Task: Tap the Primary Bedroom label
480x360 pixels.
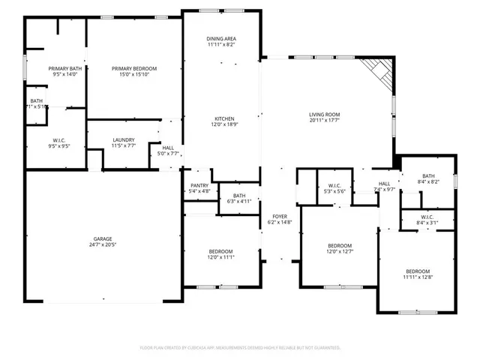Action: click(134, 69)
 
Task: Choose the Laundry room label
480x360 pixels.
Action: click(123, 139)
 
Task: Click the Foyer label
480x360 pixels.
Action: click(279, 216)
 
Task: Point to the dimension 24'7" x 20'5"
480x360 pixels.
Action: click(103, 244)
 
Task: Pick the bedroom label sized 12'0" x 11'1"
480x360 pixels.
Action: click(220, 251)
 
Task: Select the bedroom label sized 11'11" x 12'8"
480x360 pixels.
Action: click(418, 271)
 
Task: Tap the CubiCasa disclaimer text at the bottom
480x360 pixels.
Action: click(240, 347)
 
